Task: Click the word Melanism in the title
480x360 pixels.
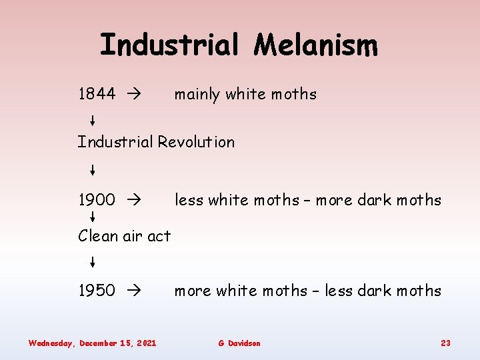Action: pyautogui.click(x=316, y=45)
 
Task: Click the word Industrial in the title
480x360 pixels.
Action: pyautogui.click(x=169, y=45)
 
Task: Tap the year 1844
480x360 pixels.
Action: pyautogui.click(x=97, y=94)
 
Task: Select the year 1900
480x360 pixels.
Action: pyautogui.click(x=97, y=199)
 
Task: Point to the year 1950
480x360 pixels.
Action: pyautogui.click(x=97, y=291)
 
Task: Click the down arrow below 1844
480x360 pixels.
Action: pyautogui.click(x=92, y=121)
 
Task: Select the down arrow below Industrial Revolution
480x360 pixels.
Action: pyautogui.click(x=92, y=170)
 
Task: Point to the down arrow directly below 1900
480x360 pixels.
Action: pyautogui.click(x=92, y=217)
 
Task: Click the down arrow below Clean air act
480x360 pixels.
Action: pyautogui.click(x=92, y=261)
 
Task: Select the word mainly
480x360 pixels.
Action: pyautogui.click(x=197, y=95)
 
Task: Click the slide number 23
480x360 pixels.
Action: pyautogui.click(x=445, y=343)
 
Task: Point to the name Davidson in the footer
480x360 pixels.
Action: pyautogui.click(x=245, y=343)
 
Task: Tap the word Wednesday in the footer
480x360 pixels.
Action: pyautogui.click(x=51, y=343)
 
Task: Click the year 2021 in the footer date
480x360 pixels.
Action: pyautogui.click(x=146, y=343)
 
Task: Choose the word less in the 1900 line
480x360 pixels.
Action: pyautogui.click(x=189, y=200)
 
